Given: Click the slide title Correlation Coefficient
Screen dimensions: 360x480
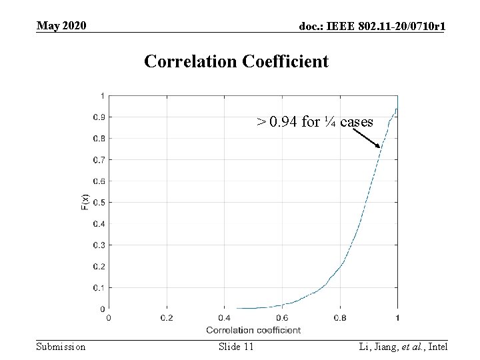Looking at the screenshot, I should (x=236, y=61).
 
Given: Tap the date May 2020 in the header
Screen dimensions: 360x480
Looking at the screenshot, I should (x=61, y=26).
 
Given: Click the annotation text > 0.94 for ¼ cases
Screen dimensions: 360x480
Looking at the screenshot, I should (x=315, y=122).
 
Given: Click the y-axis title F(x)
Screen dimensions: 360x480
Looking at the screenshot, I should (x=85, y=202).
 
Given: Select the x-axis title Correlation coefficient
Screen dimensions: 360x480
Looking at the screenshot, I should (x=253, y=330).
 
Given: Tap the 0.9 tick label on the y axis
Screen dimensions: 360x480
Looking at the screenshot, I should (x=97, y=117).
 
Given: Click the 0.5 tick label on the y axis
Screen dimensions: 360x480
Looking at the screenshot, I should (x=97, y=203).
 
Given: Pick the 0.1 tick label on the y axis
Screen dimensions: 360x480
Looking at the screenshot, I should (x=97, y=288).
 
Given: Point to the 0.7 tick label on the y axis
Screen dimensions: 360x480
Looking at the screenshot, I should (x=97, y=160).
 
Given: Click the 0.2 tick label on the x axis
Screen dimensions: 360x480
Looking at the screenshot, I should (x=166, y=318).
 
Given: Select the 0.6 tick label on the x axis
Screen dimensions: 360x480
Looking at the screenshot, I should (x=282, y=318).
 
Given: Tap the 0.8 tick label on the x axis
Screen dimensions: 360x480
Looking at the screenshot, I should (x=339, y=318).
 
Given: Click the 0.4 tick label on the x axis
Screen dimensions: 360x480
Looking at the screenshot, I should (x=224, y=318).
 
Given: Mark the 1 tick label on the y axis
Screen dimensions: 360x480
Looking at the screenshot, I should (x=101, y=96).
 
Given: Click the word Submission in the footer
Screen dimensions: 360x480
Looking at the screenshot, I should (x=61, y=347).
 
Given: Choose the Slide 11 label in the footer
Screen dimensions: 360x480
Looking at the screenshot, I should (x=236, y=347).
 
